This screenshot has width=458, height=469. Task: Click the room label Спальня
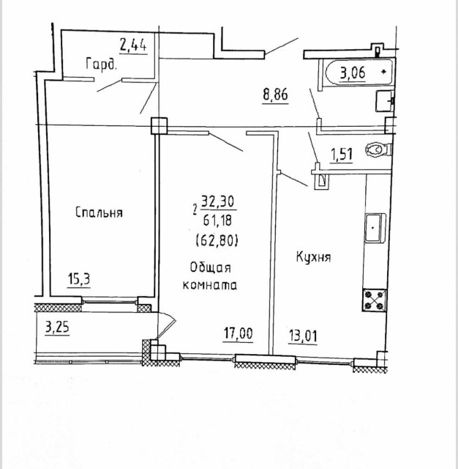[x=99, y=213]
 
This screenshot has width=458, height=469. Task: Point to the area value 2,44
[x=134, y=45]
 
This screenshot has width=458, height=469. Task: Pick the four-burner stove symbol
[x=375, y=299]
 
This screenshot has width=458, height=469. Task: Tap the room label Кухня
[x=314, y=257]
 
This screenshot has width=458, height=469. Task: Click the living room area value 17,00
[x=239, y=335]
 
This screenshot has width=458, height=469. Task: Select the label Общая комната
[x=215, y=277]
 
